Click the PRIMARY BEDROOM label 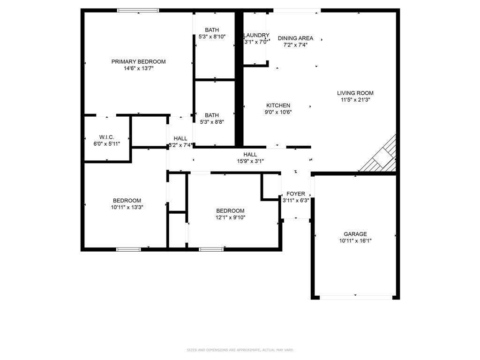pyautogui.click(x=138, y=61)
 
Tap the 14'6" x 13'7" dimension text pyautogui.click(x=138, y=68)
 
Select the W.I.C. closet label pyautogui.click(x=106, y=137)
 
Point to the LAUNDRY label pyautogui.click(x=256, y=35)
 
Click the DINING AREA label pyautogui.click(x=295, y=38)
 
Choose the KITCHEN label pyautogui.click(x=278, y=105)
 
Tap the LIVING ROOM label pyautogui.click(x=355, y=93)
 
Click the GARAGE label pyautogui.click(x=355, y=234)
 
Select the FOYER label pyautogui.click(x=296, y=194)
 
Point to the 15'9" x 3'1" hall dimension pyautogui.click(x=250, y=161)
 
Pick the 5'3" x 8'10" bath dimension pyautogui.click(x=211, y=37)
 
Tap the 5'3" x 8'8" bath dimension pyautogui.click(x=211, y=122)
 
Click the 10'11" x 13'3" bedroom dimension pyautogui.click(x=126, y=207)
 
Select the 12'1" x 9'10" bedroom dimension pyautogui.click(x=230, y=217)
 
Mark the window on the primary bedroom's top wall pyautogui.click(x=138, y=10)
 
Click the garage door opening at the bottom pyautogui.click(x=355, y=297)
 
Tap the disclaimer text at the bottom pyautogui.click(x=240, y=350)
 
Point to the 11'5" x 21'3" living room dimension pyautogui.click(x=355, y=99)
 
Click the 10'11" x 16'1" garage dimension pyautogui.click(x=355, y=241)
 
